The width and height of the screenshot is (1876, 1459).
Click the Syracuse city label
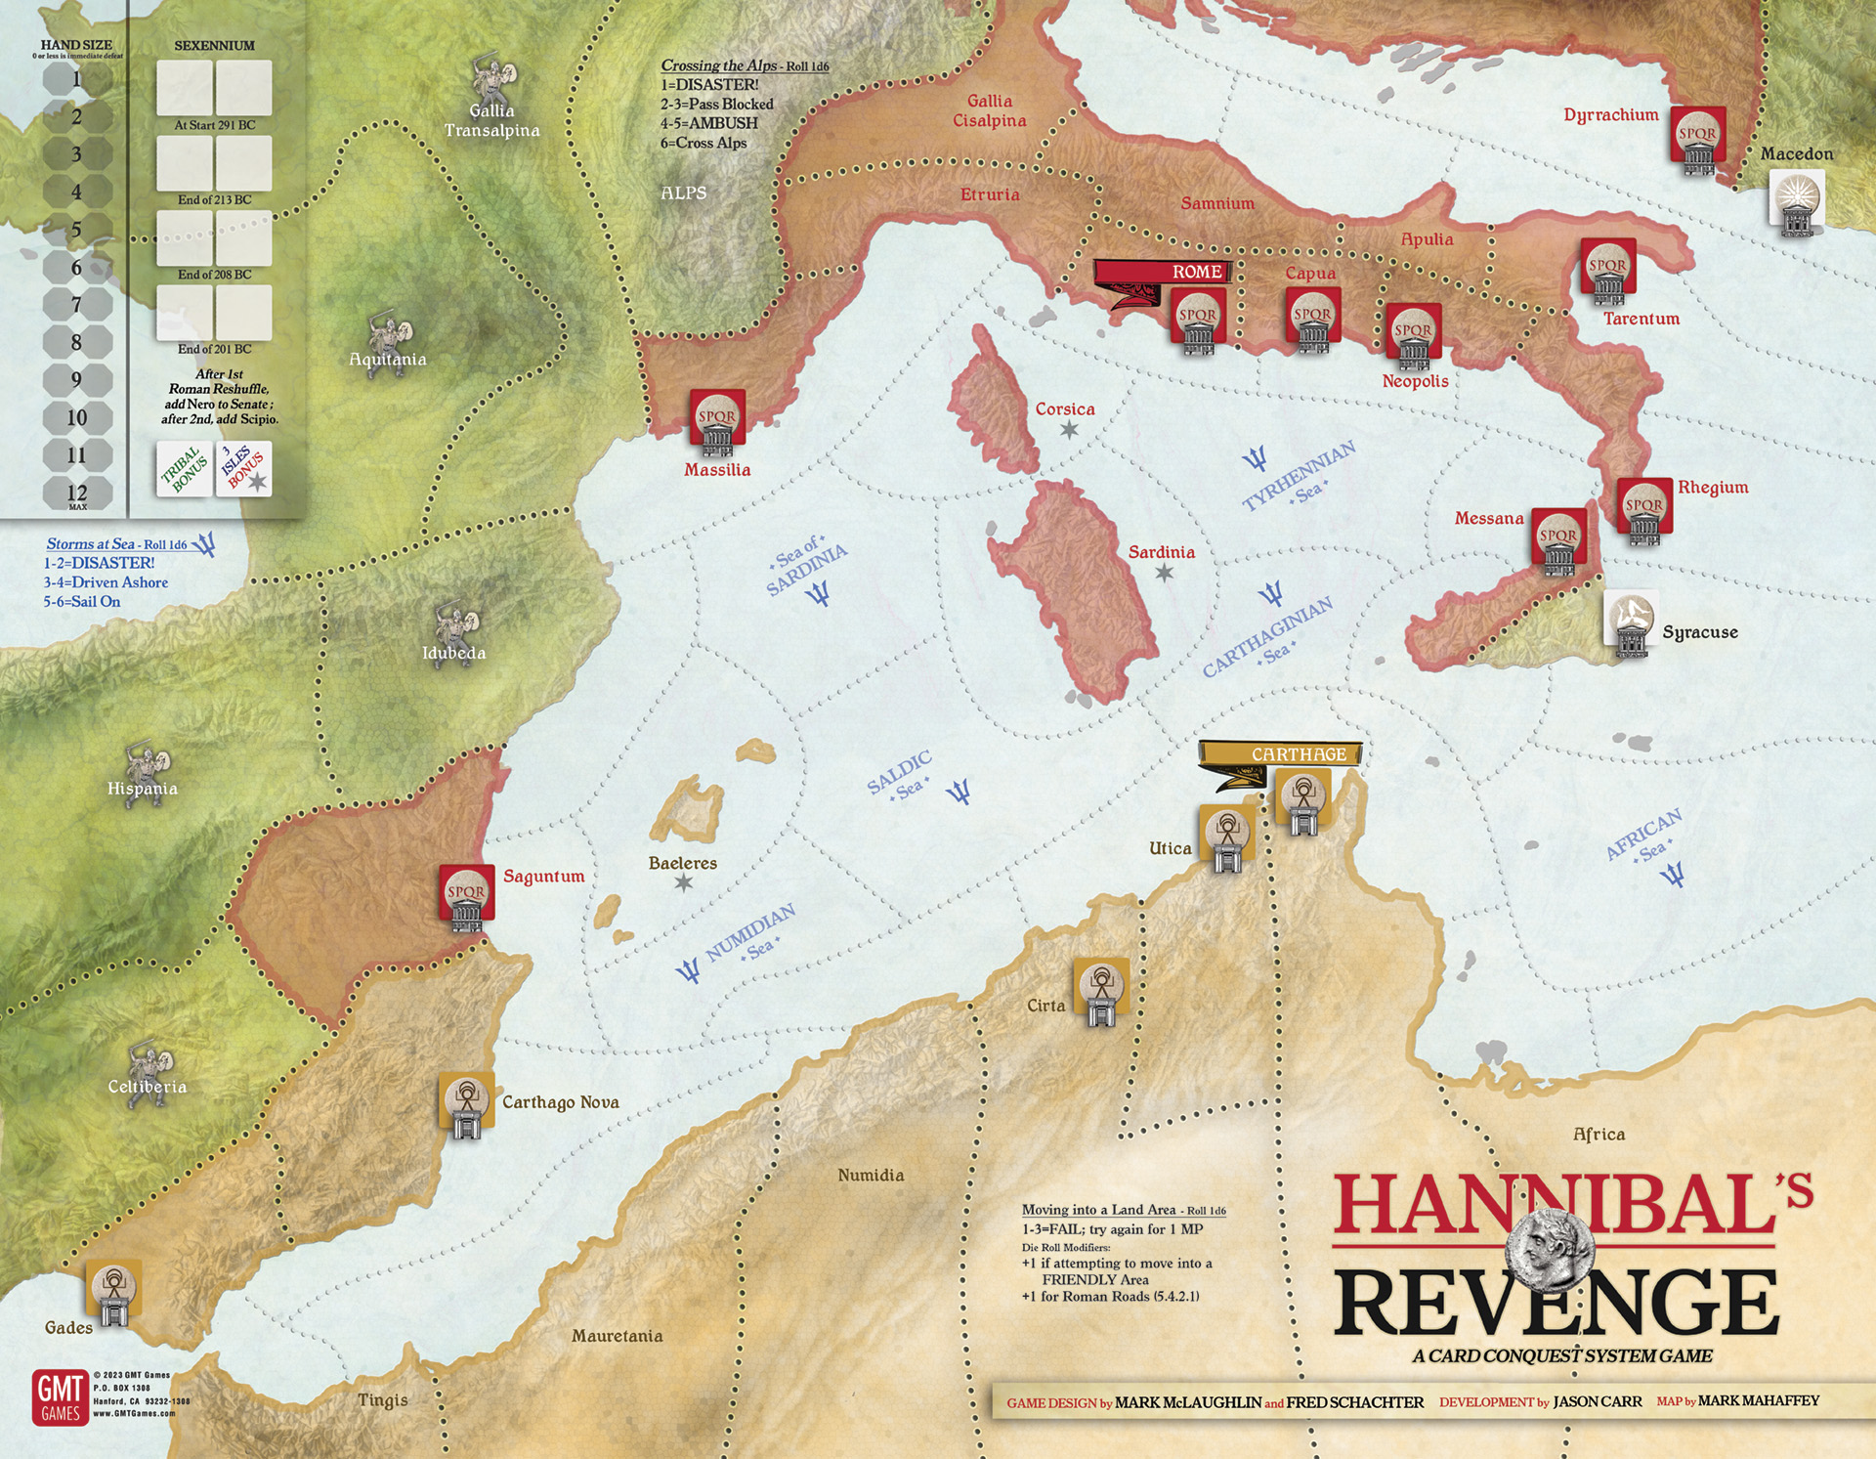pos(1699,632)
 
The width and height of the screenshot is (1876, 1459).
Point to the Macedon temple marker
pos(1796,202)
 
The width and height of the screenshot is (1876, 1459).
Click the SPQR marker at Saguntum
pos(466,897)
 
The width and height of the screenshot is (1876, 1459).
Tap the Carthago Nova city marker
pos(467,1105)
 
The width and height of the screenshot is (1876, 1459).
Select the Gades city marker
pos(114,1291)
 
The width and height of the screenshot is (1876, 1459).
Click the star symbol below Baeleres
pos(684,882)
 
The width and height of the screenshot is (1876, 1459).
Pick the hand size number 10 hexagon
pos(77,418)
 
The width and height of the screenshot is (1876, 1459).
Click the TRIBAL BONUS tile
pos(185,469)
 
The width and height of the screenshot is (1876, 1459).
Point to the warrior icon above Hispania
pos(148,765)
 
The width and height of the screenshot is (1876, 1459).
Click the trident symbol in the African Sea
pos(1672,875)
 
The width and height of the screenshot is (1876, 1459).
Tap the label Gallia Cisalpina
pos(990,110)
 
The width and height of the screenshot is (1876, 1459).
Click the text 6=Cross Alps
pos(703,143)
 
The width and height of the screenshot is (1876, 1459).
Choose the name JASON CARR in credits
pos(1598,1401)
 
